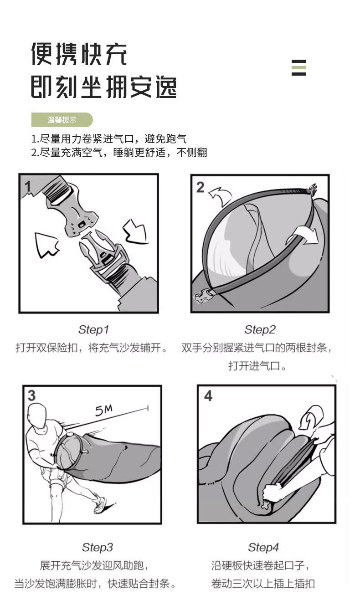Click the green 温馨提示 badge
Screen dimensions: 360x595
[x=62, y=120]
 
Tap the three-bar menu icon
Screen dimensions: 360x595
[x=298, y=67]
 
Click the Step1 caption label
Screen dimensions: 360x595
[x=93, y=330]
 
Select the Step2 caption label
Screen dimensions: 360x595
[x=260, y=330]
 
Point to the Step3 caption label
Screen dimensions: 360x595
[x=98, y=547]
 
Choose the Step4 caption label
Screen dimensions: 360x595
[x=263, y=547]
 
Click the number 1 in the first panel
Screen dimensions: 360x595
[x=28, y=186]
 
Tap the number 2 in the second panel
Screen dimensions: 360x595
[x=201, y=187]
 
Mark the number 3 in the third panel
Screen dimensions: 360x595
[x=31, y=395]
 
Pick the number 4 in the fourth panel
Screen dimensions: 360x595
[x=208, y=396]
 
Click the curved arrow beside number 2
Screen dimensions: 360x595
[x=220, y=196]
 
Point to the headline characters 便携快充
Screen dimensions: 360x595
[x=79, y=54]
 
